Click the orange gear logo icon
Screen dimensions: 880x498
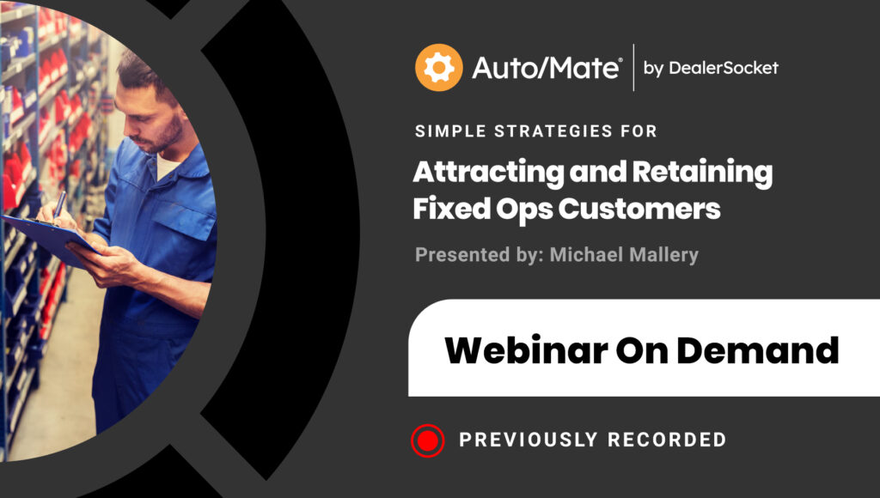coord(439,67)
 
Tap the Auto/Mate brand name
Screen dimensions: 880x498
coord(547,68)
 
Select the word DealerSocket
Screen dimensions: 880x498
coord(724,68)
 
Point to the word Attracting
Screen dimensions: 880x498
coord(488,173)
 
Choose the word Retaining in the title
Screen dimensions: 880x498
coord(703,173)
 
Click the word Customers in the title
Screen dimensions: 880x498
coord(639,209)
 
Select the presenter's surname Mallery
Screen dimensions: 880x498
coord(663,255)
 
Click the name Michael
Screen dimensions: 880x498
coord(586,255)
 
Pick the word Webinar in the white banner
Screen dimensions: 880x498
coord(526,350)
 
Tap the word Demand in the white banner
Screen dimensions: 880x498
coord(758,350)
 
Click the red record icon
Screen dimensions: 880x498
coord(428,440)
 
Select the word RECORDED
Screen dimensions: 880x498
coord(667,440)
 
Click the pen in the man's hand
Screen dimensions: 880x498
coord(59,204)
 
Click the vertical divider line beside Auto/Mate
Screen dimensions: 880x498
coord(633,67)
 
